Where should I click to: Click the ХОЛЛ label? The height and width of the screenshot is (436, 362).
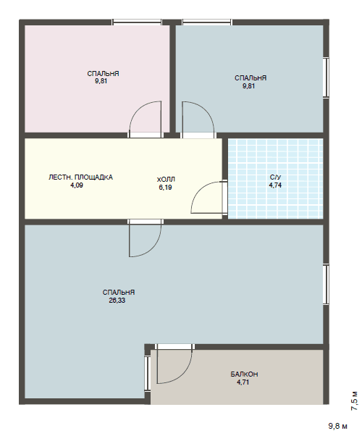166,180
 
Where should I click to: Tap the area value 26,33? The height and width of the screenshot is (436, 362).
117,301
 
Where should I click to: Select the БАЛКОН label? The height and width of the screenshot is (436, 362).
244,374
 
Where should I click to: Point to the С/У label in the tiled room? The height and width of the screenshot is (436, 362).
275,177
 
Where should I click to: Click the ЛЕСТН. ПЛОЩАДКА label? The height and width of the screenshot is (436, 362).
80,177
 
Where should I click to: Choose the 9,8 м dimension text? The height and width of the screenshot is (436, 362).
338,426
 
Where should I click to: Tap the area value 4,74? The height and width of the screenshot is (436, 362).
275,185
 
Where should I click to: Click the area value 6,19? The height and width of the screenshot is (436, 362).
165,188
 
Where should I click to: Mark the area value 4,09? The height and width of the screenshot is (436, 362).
77,185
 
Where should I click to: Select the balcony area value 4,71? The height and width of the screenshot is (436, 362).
243,382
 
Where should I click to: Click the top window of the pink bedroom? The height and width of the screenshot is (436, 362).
137,22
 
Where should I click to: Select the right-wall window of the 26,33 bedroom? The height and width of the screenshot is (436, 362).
326,285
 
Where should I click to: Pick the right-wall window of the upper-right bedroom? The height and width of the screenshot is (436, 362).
326,77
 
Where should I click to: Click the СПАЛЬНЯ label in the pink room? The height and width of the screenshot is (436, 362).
103,74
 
